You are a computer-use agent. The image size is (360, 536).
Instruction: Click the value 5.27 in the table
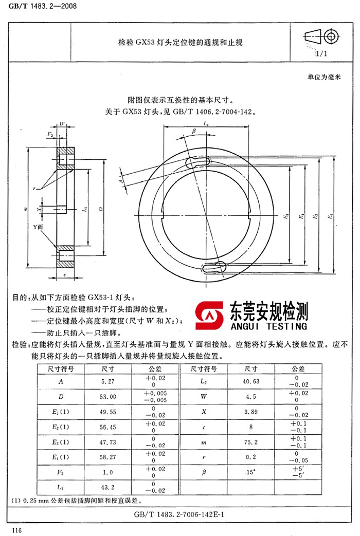click(109, 382)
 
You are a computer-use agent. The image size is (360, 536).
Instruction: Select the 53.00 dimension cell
click(109, 397)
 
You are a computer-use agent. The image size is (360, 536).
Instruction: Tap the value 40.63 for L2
click(251, 382)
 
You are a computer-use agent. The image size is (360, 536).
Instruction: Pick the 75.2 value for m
click(251, 442)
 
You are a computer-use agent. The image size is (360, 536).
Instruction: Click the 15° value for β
click(251, 472)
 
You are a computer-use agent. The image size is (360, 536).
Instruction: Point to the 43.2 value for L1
click(109, 487)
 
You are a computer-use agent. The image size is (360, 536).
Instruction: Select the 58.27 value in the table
click(109, 457)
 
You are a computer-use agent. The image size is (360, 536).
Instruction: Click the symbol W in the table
click(204, 397)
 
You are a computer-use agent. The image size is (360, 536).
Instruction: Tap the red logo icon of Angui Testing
click(210, 317)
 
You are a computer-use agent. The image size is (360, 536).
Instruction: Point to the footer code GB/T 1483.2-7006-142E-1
click(179, 514)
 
